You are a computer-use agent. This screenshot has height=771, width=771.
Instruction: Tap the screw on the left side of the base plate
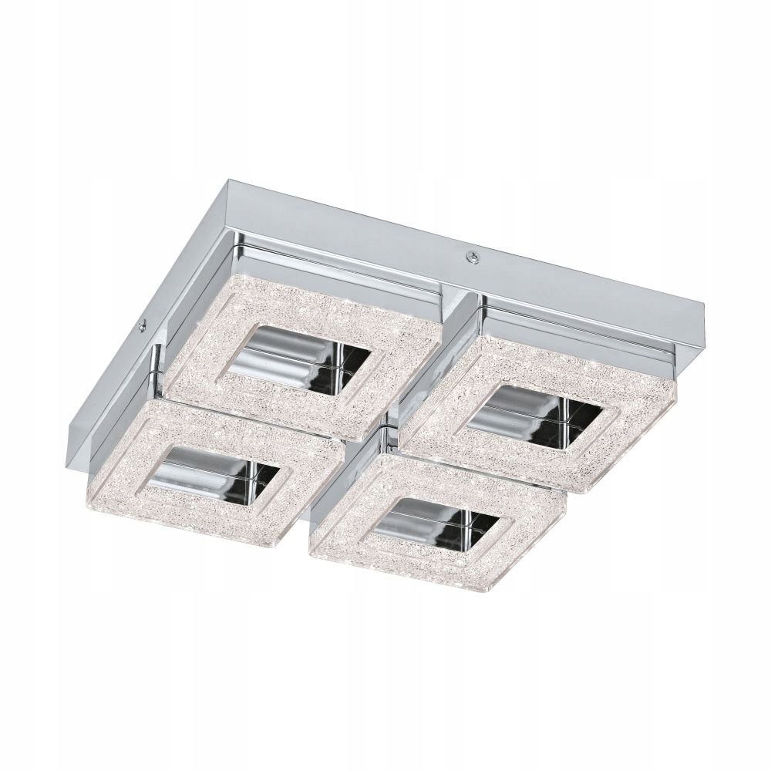[x=143, y=327]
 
